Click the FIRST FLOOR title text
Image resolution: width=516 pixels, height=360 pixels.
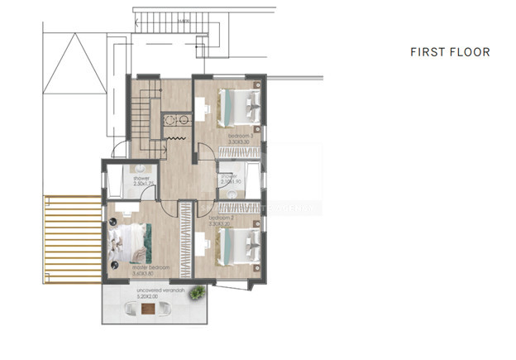click(450, 52)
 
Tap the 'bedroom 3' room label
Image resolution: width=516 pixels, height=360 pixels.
click(240, 135)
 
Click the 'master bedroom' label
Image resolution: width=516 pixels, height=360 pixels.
click(150, 268)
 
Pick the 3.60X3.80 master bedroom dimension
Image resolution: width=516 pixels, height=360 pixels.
click(150, 274)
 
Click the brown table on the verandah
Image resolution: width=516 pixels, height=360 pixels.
click(146, 311)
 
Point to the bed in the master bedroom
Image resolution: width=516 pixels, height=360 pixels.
click(127, 243)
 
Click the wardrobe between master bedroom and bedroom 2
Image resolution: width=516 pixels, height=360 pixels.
click(186, 240)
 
